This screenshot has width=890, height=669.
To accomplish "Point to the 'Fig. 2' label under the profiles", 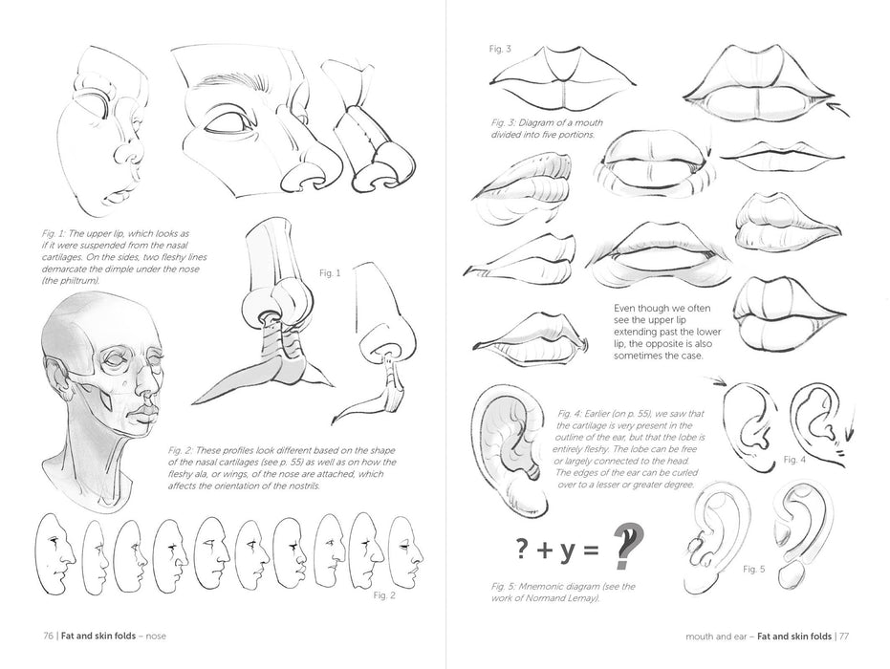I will pyautogui.click(x=383, y=595).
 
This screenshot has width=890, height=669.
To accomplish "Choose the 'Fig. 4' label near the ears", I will pyautogui.click(x=794, y=460).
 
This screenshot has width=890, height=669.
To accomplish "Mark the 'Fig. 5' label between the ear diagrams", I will pyautogui.click(x=754, y=569).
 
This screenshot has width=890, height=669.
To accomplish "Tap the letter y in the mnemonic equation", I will pyautogui.click(x=565, y=549).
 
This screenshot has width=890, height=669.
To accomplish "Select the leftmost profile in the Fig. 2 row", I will pyautogui.click(x=54, y=553).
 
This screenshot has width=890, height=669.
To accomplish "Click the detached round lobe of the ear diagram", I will pyautogui.click(x=791, y=576).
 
